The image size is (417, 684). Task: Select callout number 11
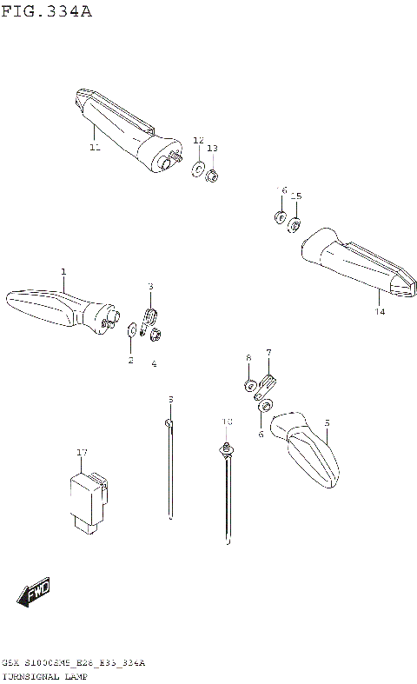pos(95,148)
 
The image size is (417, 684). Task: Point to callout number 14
pos(379,310)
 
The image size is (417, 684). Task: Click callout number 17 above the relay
pos(82,453)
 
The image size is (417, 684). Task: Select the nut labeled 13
pos(212,176)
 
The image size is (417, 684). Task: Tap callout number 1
pos(63,273)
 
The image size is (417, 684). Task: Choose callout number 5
pos(327,423)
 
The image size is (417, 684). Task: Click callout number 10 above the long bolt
pos(226,422)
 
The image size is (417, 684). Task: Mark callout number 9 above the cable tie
pos(170,399)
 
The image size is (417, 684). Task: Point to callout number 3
pos(149,286)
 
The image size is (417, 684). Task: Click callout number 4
pos(154,363)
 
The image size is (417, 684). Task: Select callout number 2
pos(130,360)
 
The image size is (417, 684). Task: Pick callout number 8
pos(248,357)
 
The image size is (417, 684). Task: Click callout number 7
pos(268,352)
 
